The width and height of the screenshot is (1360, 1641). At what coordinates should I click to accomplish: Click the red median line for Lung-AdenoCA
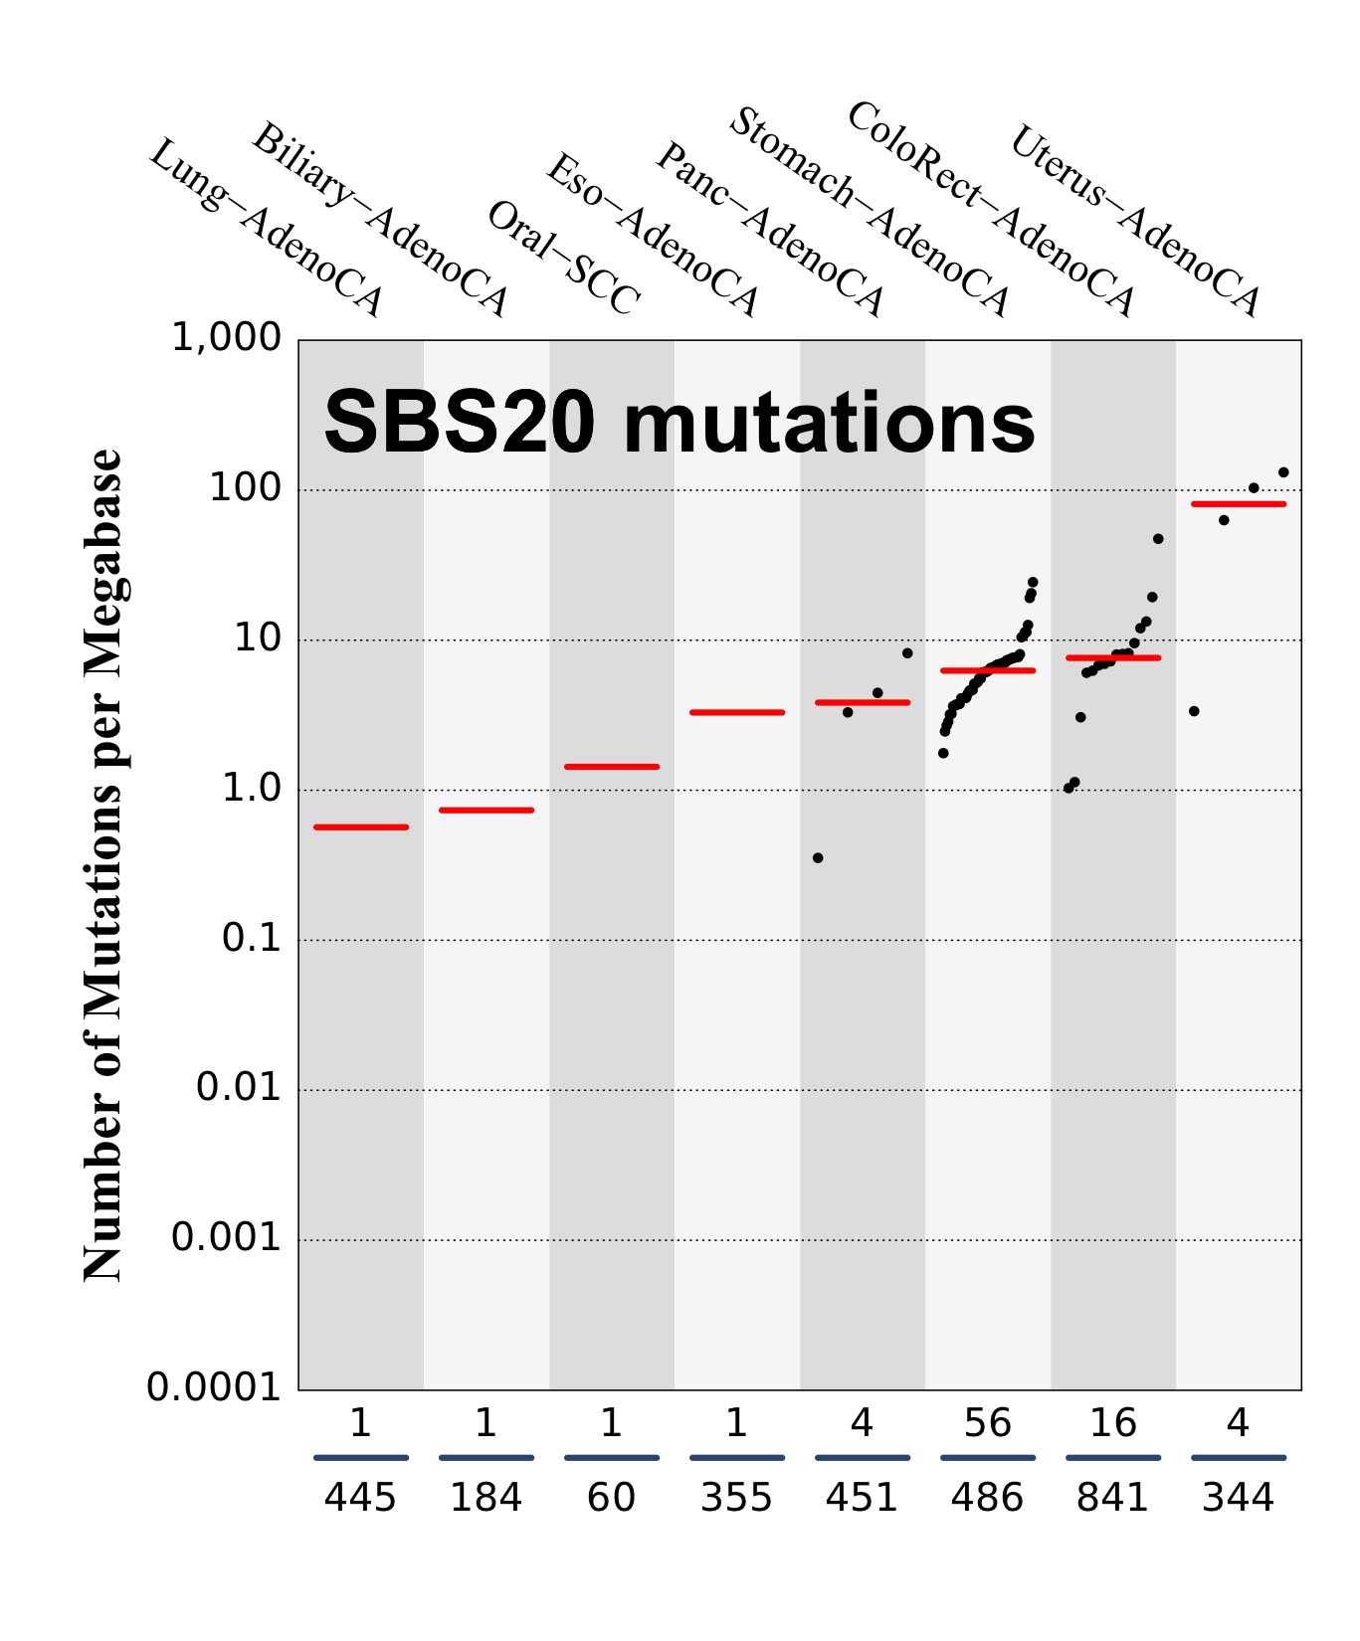360,826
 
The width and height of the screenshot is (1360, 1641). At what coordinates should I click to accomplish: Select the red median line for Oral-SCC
611,766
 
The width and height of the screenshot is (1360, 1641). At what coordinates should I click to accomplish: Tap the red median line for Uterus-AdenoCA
1238,504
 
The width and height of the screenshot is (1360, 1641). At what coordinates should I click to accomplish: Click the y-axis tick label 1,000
226,338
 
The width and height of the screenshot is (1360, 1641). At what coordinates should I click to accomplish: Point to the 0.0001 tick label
214,1386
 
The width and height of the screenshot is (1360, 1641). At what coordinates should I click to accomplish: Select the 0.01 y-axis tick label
239,1087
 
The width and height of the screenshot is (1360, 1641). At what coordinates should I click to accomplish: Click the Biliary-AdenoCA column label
379,220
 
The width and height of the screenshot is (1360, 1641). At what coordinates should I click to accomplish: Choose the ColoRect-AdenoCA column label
990,209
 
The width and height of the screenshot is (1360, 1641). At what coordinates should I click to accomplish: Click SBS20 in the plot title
460,423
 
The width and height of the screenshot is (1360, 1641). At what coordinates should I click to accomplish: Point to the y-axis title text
102,865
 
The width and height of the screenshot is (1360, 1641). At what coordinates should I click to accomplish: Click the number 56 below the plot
987,1424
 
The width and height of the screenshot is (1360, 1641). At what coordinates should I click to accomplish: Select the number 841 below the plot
1111,1497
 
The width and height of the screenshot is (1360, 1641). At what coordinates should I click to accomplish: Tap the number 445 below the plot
360,1497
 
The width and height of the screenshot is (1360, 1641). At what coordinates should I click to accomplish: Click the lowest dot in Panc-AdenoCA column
818,857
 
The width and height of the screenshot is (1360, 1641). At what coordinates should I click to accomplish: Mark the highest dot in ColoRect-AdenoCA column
1158,539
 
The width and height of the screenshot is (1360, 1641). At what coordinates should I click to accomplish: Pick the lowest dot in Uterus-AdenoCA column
1194,711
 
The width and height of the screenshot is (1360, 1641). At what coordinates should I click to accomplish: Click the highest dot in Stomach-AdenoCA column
1033,582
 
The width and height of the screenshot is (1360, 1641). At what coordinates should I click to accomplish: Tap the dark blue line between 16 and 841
1112,1458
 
